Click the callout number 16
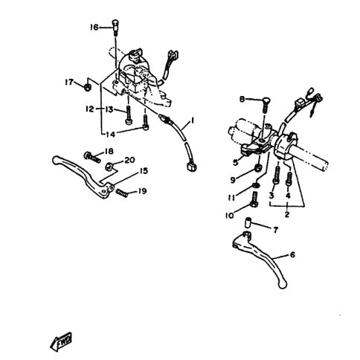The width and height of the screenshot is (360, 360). [x=94, y=28]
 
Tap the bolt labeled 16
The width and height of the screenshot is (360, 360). [x=116, y=27]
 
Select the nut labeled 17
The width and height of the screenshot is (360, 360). [x=86, y=87]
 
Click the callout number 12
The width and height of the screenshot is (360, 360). [x=90, y=109]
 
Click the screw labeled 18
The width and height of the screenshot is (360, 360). [x=92, y=158]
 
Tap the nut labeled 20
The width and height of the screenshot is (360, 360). [x=109, y=166]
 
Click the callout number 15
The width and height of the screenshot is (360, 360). [x=144, y=171]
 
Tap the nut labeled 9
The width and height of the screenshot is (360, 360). [x=259, y=169]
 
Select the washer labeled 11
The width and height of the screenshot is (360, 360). [x=256, y=185]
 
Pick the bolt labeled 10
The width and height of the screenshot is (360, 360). [x=255, y=199]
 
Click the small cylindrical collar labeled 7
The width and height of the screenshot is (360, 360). [x=248, y=222]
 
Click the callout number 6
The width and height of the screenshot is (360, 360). [x=292, y=254]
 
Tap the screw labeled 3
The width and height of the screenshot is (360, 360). [x=277, y=175]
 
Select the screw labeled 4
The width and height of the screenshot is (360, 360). [x=289, y=178]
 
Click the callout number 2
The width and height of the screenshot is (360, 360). [x=287, y=214]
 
